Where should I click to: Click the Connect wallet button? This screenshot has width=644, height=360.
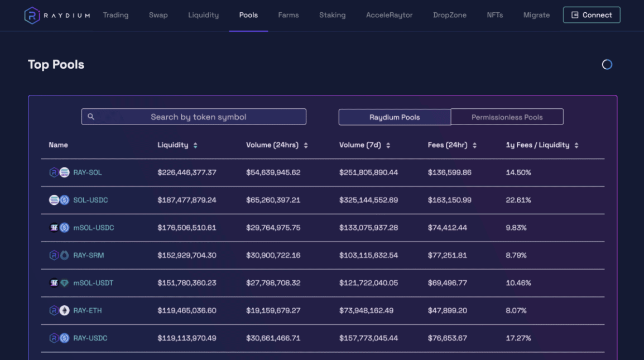[592, 15]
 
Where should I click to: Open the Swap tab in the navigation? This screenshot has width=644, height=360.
[158, 15]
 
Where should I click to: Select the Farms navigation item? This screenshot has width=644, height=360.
[288, 15]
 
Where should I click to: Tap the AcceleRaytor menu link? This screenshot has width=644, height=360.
[389, 15]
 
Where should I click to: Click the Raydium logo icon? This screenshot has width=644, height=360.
[32, 16]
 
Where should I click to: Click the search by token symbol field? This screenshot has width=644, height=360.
[194, 117]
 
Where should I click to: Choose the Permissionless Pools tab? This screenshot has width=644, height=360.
[507, 117]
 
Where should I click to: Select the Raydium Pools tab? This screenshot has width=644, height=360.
[395, 117]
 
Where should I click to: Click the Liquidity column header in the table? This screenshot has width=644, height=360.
[173, 145]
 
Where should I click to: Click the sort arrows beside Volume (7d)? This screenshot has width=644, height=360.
[388, 146]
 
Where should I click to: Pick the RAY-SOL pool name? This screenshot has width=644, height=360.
[88, 172]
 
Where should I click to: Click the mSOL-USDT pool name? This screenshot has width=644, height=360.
[93, 283]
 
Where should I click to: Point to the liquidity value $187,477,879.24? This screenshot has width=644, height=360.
[187, 200]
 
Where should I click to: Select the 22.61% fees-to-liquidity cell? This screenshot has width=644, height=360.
[518, 200]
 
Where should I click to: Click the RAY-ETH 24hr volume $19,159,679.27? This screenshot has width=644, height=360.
[273, 310]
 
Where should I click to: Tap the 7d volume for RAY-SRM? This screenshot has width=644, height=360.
[369, 255]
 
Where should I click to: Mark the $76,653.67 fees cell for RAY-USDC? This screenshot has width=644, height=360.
[448, 338]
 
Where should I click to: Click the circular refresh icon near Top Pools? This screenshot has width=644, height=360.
[607, 65]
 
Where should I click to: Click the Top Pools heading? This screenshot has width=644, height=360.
[56, 65]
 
